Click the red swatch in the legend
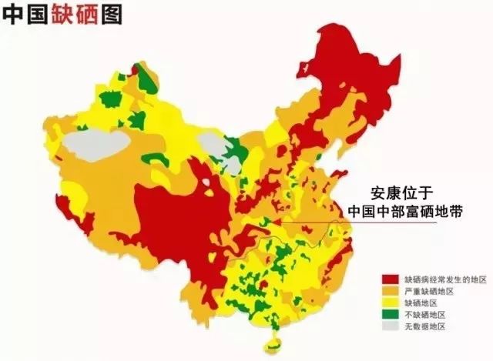389,278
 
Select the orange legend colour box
389,290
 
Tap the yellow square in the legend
389,303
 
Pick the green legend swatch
389,315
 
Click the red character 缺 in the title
62,15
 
